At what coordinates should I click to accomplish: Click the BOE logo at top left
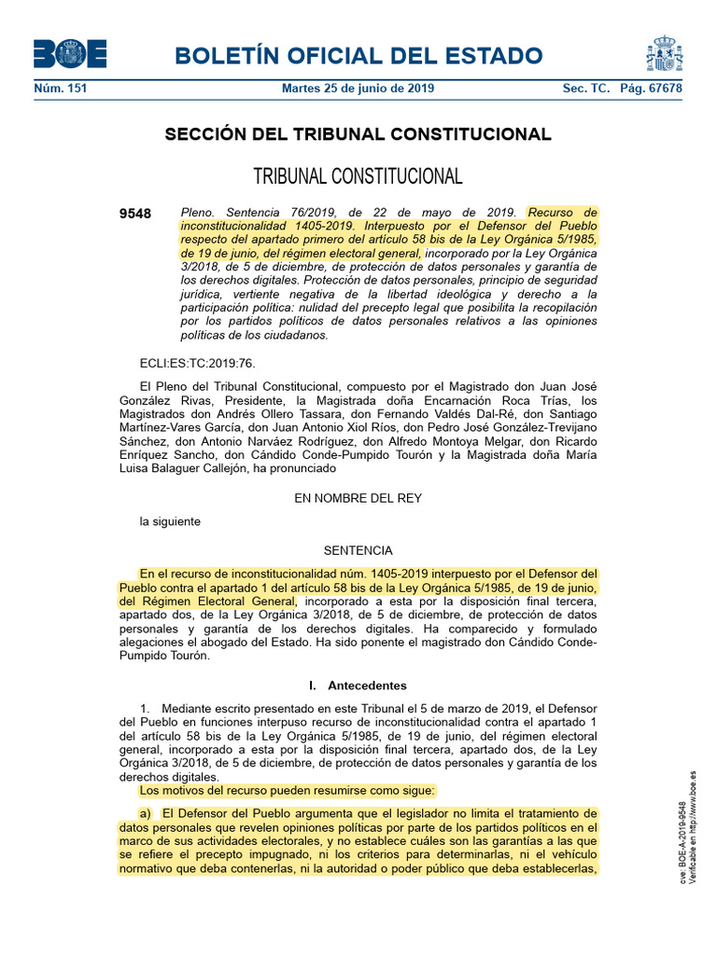coord(70,55)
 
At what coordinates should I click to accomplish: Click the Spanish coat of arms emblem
coord(664,54)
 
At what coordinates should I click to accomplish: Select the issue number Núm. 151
coord(61,89)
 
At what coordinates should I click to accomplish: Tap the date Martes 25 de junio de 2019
coord(358,89)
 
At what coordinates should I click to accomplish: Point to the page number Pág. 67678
coord(651,89)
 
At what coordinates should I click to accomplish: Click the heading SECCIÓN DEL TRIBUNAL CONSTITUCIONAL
coord(358,134)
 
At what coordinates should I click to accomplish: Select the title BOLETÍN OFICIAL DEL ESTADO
coord(358,56)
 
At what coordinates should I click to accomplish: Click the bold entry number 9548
coord(135,214)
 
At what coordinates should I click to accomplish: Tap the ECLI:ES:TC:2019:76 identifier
coord(197,364)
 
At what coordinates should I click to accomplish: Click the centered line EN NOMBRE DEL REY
coord(358,498)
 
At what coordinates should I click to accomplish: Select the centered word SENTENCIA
coord(358,550)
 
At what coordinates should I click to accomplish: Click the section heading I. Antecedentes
coord(358,685)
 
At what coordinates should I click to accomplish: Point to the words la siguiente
coord(170,521)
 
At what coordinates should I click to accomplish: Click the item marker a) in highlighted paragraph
coord(146,813)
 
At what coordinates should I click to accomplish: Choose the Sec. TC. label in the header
coord(586,89)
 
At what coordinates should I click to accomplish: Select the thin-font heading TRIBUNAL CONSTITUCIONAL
coord(358,176)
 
